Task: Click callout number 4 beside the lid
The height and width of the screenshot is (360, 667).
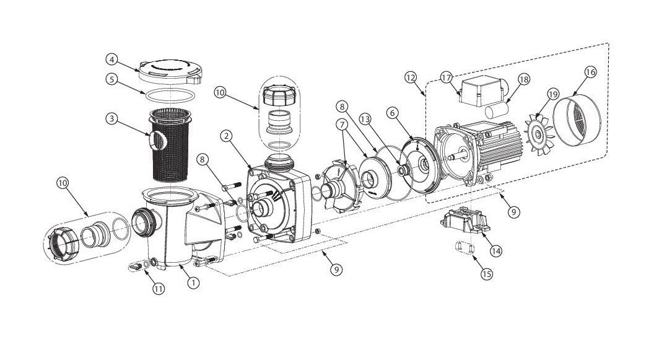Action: click(x=111, y=61)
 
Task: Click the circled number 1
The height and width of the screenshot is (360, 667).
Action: click(x=193, y=283)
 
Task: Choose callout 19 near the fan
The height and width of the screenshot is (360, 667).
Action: click(x=553, y=94)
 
